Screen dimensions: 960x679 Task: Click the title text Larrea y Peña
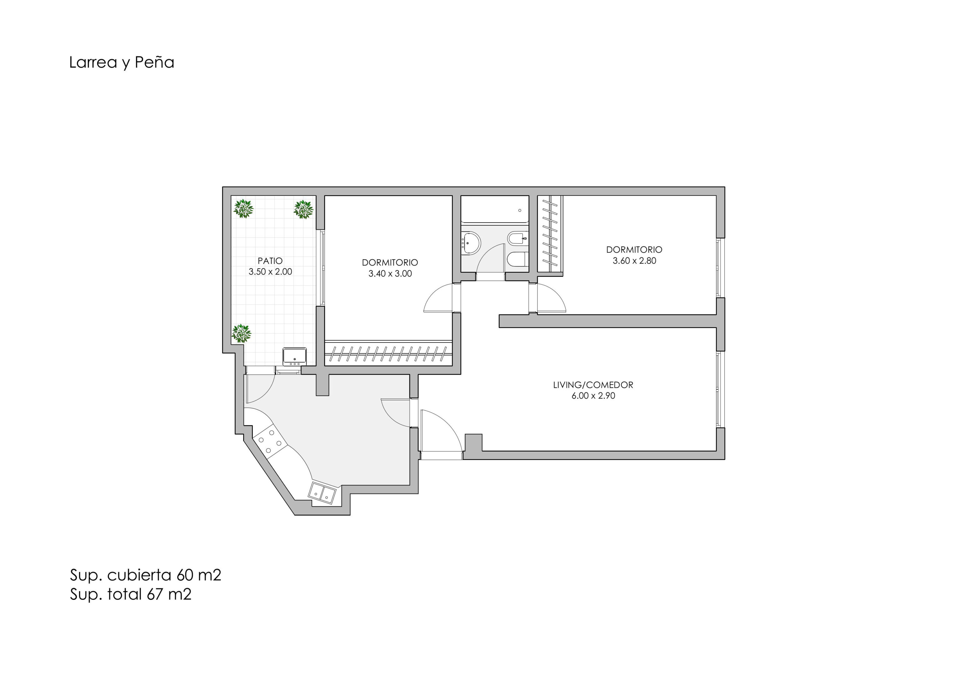pyautogui.click(x=121, y=62)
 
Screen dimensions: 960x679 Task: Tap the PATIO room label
pyautogui.click(x=270, y=261)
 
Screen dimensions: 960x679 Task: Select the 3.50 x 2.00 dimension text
pyautogui.click(x=270, y=271)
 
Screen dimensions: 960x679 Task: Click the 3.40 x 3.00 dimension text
pyautogui.click(x=390, y=274)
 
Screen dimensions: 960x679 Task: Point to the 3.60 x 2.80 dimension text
pyautogui.click(x=634, y=261)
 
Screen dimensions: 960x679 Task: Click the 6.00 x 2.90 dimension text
pyautogui.click(x=593, y=396)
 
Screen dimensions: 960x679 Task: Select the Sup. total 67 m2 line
pyautogui.click(x=130, y=594)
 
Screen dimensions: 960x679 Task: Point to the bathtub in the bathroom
pyautogui.click(x=495, y=209)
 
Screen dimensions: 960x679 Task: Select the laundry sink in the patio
pyautogui.click(x=294, y=357)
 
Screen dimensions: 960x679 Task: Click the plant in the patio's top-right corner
pyautogui.click(x=303, y=209)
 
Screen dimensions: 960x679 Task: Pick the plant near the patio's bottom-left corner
pyautogui.click(x=241, y=333)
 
